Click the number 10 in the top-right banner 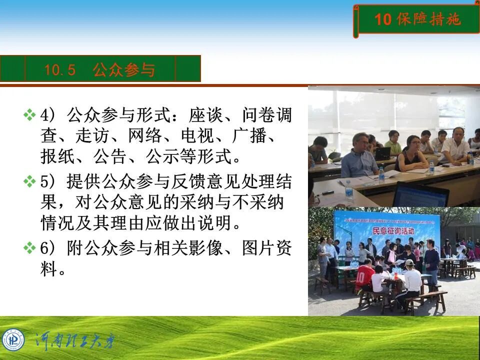tap(382, 19)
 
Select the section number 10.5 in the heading tap(60, 70)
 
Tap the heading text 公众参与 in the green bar tap(123, 70)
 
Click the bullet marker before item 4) tap(29, 115)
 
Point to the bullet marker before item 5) tap(29, 181)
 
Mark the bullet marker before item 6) tap(29, 247)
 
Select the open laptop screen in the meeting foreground tap(420, 195)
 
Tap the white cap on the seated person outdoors tap(409, 262)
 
